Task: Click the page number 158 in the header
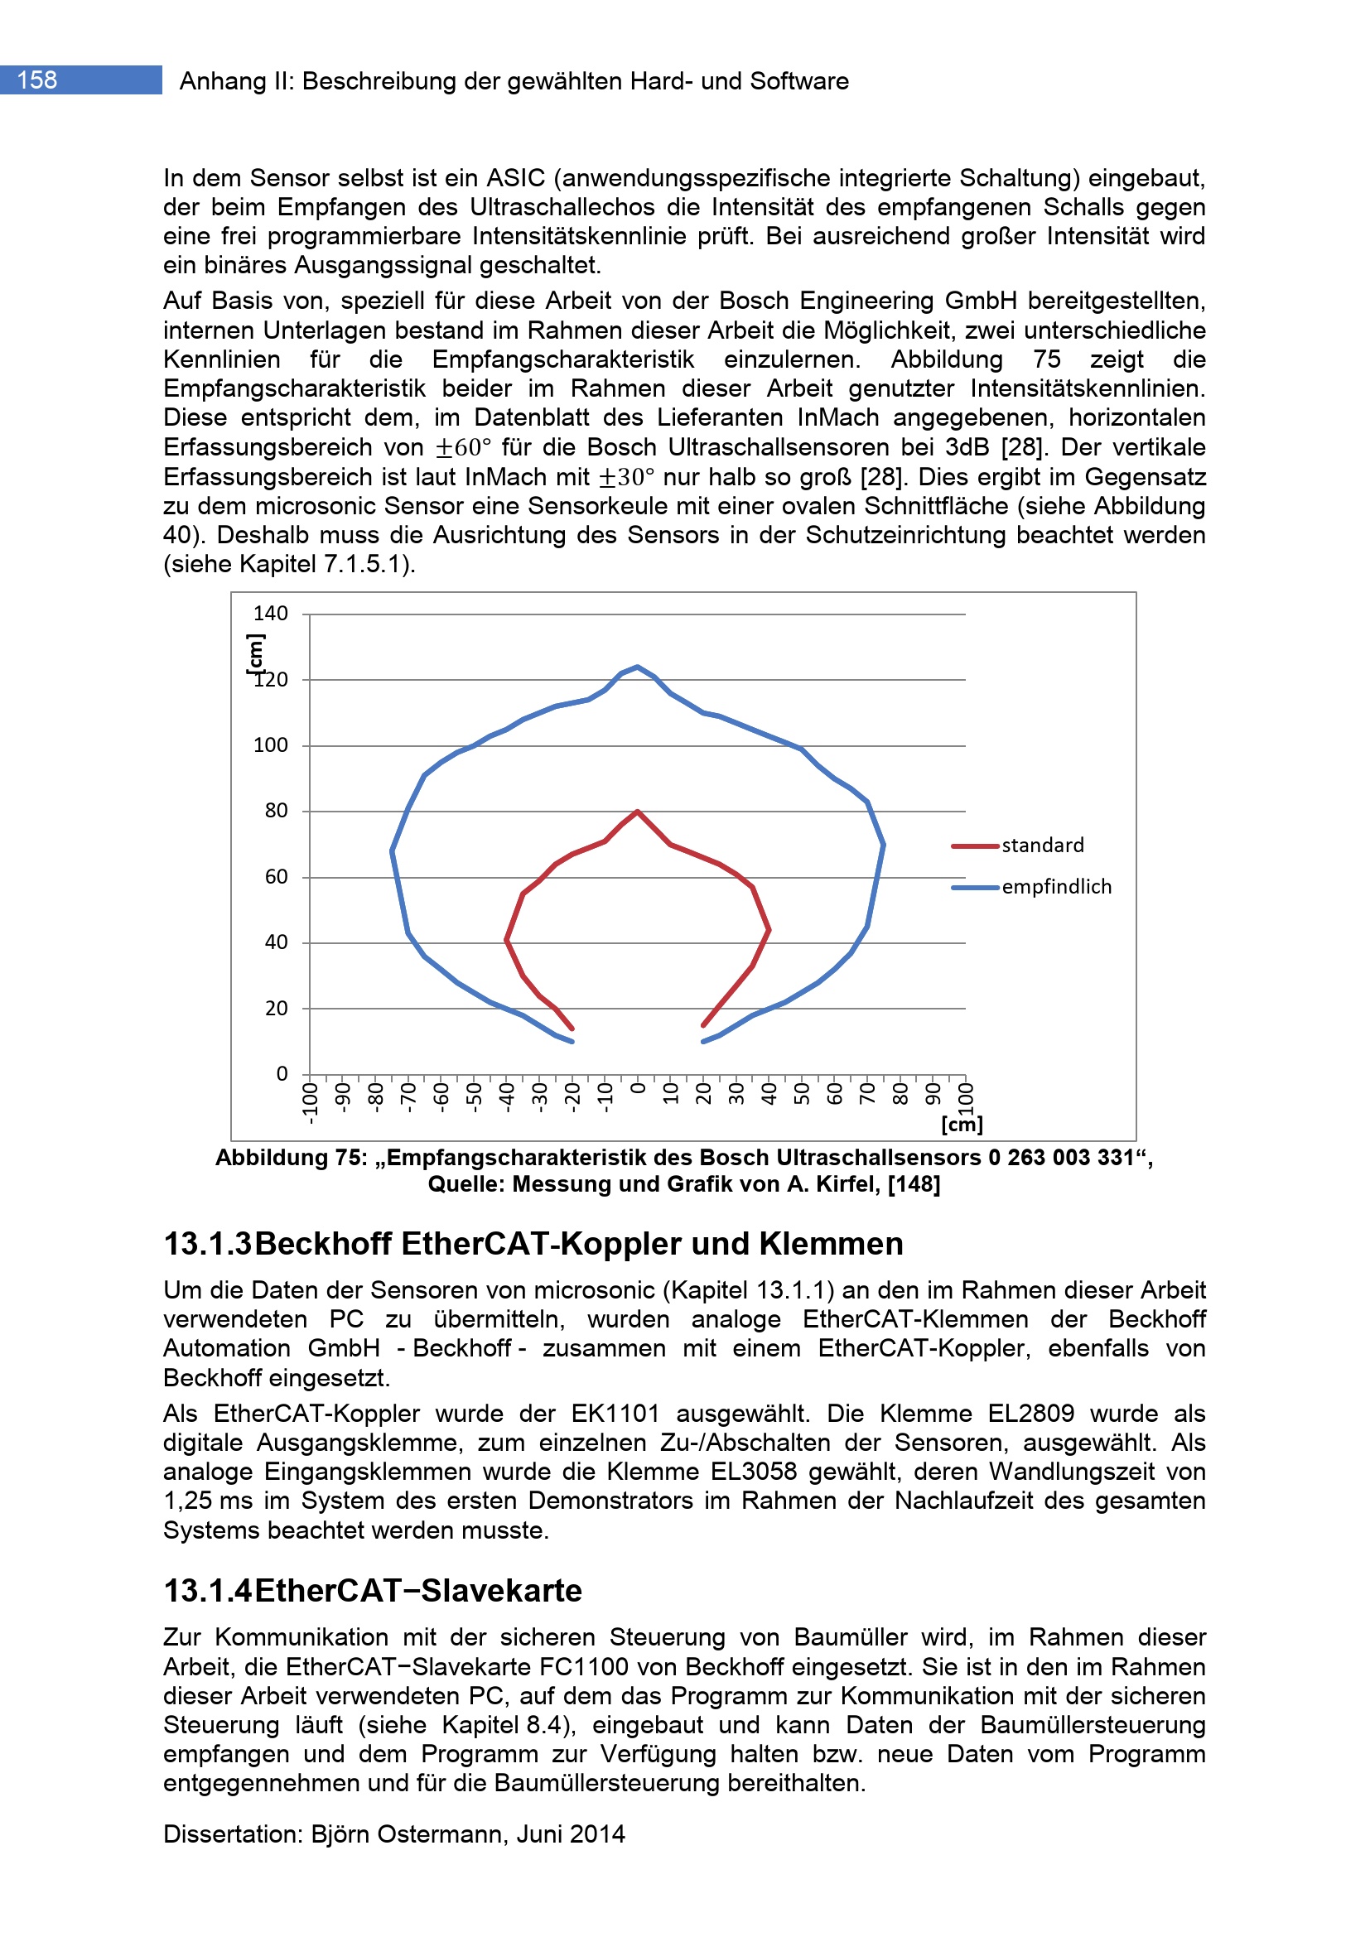point(37,80)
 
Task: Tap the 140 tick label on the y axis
point(270,614)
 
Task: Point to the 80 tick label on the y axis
point(276,811)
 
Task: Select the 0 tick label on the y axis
point(282,1074)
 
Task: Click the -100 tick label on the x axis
point(311,1103)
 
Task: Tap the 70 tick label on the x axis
point(867,1094)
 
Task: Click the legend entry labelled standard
point(1042,846)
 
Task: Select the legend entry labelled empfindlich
point(1056,887)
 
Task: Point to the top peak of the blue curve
point(638,667)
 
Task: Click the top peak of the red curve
point(638,812)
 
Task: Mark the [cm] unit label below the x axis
point(962,1125)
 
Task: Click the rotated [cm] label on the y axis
point(255,655)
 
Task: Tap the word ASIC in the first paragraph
point(515,179)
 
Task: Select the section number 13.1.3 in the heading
point(208,1245)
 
